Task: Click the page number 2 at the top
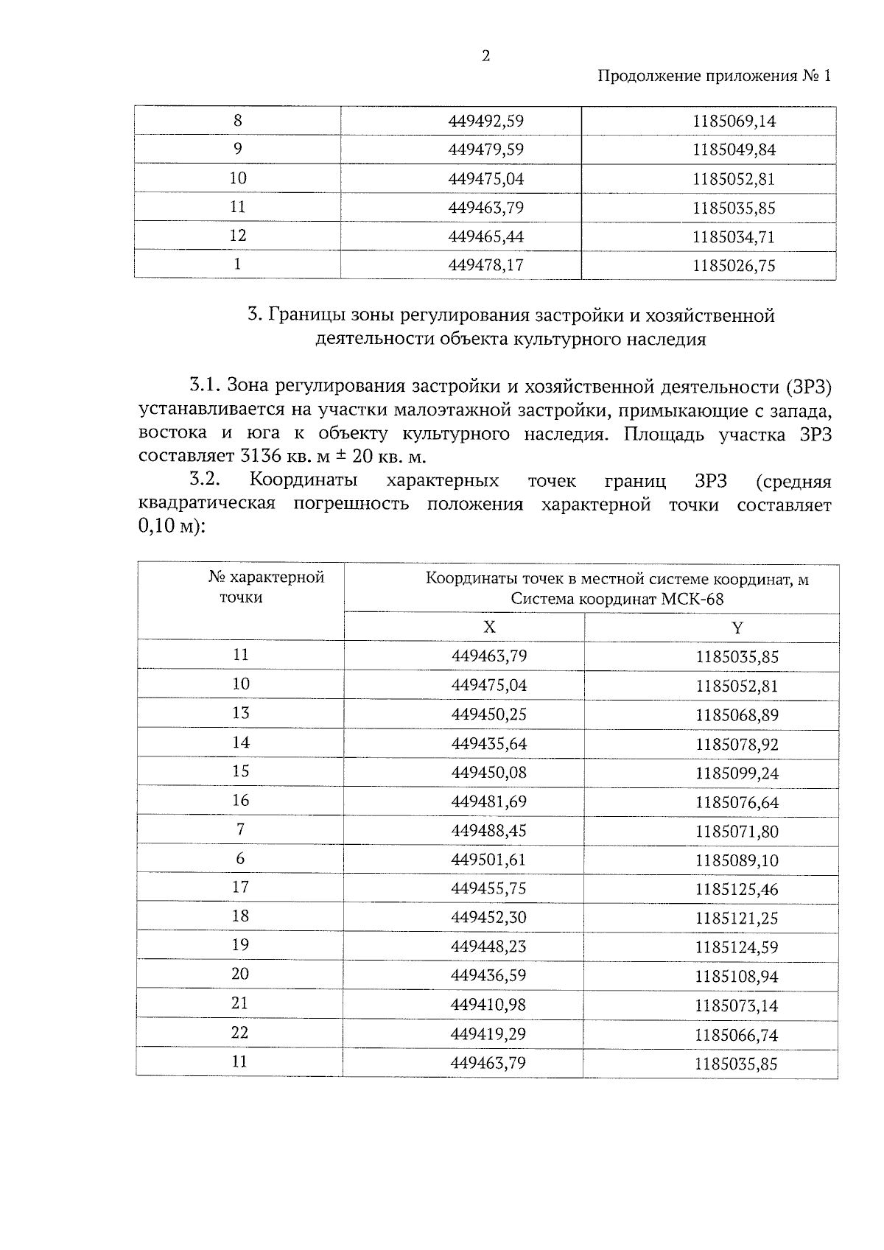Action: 485,57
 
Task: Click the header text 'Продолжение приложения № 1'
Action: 713,76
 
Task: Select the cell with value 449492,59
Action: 485,121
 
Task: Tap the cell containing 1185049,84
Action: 734,150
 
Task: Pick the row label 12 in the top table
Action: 237,236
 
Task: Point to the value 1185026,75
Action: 734,265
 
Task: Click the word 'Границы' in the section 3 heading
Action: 301,316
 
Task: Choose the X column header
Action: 489,627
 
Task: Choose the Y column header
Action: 737,628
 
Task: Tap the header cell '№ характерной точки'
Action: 266,587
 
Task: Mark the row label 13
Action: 241,713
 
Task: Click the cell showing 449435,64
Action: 489,744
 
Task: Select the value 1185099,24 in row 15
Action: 737,773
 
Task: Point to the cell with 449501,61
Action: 489,860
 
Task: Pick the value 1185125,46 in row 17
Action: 737,889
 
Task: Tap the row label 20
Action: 240,975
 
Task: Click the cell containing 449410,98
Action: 489,1005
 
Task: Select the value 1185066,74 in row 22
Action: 737,1034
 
